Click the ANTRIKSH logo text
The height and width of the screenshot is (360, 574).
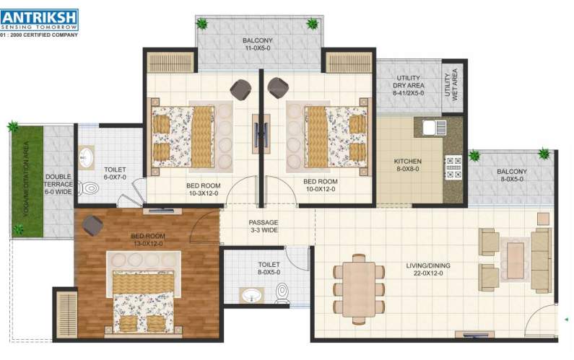(x=40, y=15)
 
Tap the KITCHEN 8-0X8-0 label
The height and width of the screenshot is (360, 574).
(x=407, y=165)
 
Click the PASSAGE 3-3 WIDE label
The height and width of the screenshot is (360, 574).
(x=264, y=226)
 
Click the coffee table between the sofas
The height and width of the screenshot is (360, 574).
(x=515, y=255)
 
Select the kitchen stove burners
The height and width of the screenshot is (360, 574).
(x=454, y=167)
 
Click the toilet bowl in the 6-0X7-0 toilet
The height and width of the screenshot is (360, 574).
(x=90, y=188)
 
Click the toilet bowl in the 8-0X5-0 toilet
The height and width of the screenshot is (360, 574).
(x=282, y=292)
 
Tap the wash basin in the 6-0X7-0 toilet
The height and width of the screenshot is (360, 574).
(x=86, y=156)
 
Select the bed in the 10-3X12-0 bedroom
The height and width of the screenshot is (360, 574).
(x=183, y=136)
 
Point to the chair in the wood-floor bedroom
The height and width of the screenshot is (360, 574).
(x=92, y=224)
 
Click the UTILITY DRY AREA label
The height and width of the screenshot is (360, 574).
(x=408, y=85)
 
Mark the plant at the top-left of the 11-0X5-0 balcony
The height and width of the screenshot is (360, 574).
(x=204, y=24)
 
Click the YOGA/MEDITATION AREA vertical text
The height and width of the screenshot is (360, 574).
(x=26, y=177)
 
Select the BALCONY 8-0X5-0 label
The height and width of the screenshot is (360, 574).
(x=511, y=177)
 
